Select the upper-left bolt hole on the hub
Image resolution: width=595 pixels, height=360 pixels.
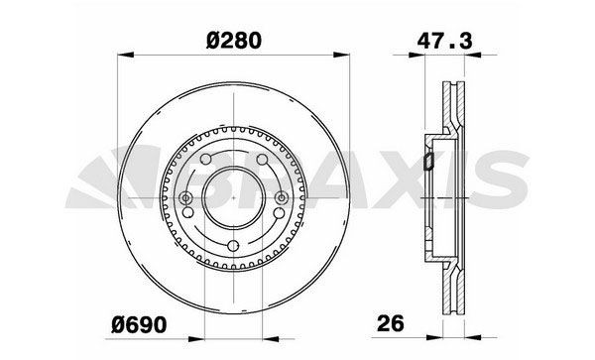pos(205,162)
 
